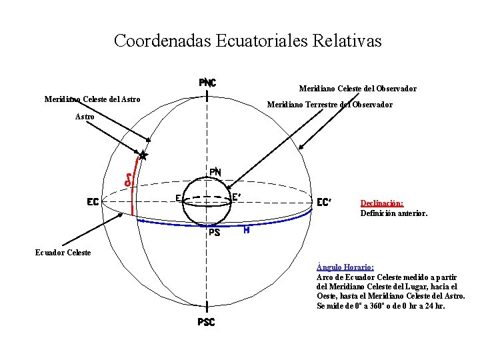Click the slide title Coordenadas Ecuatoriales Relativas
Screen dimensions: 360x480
[x=247, y=41]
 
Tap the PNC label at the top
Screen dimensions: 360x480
[x=207, y=83]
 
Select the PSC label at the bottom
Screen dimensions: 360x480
[x=207, y=323]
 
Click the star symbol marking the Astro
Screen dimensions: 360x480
[x=142, y=156]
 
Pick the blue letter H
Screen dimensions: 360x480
[x=247, y=230]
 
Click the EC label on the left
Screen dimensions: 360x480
[x=93, y=201]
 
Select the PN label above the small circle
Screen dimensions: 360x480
[x=215, y=172]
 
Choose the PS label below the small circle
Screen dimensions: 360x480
[x=214, y=233]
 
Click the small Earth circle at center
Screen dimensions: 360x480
[x=207, y=203]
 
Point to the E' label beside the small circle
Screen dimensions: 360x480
[x=237, y=197]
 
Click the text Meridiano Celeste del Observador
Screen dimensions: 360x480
[x=358, y=89]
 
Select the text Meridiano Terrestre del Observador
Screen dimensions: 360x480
[x=329, y=105]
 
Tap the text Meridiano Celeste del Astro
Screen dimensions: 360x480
[x=92, y=99]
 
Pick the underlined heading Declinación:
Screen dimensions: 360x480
[x=382, y=203]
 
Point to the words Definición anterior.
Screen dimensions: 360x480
[x=393, y=213]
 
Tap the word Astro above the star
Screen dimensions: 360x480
[x=85, y=116]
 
